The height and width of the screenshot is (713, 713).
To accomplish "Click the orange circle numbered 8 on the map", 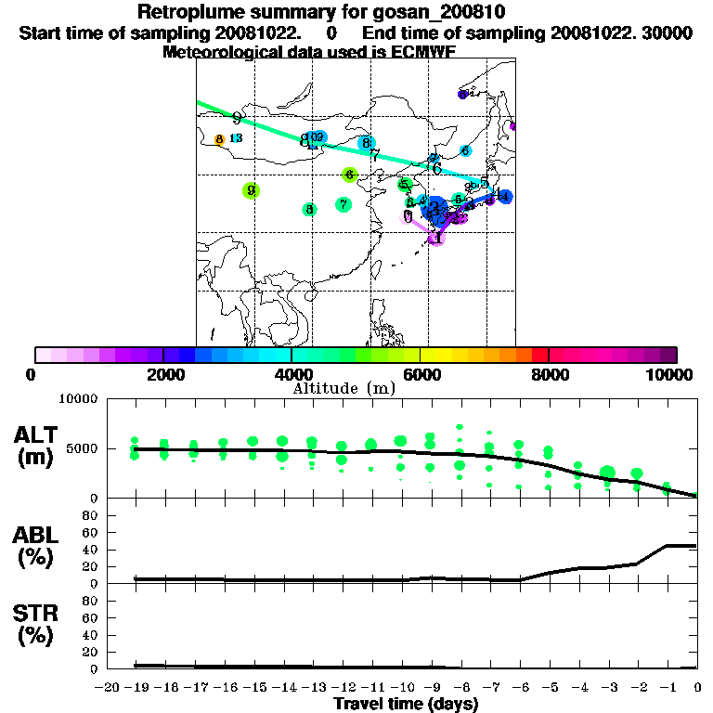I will pos(220,140).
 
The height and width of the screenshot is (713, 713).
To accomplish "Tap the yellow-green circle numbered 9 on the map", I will pos(251,190).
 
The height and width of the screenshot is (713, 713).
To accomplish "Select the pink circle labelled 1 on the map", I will pos(436,239).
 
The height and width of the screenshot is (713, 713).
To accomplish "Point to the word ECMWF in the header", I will pos(423,52).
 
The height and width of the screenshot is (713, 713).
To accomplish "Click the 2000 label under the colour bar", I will pos(163,374).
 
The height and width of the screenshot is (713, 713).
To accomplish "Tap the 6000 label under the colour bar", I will pos(421,374).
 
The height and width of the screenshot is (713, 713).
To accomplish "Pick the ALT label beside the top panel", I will pos(38,435).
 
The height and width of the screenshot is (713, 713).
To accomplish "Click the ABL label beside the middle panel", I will pos(38,534).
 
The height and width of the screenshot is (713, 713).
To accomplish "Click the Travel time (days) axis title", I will pos(406,704).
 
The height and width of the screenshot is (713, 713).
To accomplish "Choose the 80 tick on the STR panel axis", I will pos(92,600).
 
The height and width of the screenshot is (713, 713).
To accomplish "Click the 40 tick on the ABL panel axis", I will pos(92,549).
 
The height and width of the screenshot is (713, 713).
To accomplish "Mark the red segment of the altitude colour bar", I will pos(539,355).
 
